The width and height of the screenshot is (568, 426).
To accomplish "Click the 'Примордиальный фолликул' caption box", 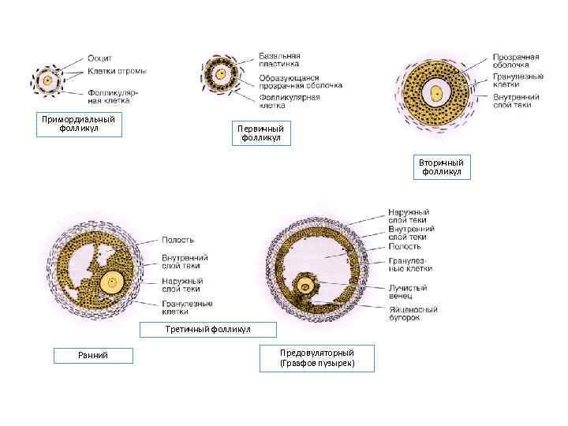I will tap(80, 125).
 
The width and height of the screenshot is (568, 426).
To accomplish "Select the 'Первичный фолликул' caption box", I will tap(260, 133).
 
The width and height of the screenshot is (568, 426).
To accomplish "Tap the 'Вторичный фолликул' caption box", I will tap(442, 166).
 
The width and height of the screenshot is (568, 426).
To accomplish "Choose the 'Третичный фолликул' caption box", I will tap(207, 328).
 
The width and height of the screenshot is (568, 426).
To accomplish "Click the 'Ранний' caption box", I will tap(93, 356).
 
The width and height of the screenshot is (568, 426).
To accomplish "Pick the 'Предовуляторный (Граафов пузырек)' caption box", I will tap(317, 357).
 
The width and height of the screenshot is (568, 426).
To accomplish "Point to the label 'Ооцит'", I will tap(99, 58).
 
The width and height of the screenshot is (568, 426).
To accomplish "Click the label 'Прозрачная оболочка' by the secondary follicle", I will tap(516, 61).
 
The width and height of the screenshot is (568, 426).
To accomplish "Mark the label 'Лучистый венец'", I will tap(408, 292).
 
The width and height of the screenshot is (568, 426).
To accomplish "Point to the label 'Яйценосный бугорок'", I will tap(413, 313).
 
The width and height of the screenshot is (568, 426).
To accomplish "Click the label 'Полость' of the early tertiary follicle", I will tap(177, 240).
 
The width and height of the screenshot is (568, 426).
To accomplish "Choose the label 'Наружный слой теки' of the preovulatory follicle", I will tap(409, 216).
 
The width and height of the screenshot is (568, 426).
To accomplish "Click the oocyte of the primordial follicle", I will tap(48, 80).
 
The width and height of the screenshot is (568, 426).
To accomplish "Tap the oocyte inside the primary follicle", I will tap(222, 75).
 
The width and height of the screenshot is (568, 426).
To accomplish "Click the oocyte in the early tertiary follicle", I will tap(114, 281).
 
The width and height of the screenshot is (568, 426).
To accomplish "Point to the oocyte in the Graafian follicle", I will tap(304, 286).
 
